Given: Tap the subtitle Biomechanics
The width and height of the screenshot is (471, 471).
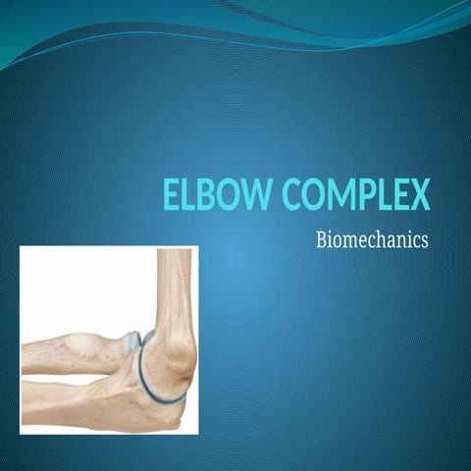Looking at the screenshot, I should point(372,238).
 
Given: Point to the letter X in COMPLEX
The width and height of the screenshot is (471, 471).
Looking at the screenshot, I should point(420,194).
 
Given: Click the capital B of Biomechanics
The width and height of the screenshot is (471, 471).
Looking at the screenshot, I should point(322,238).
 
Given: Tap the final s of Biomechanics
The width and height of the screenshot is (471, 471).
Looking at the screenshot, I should point(424,239).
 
